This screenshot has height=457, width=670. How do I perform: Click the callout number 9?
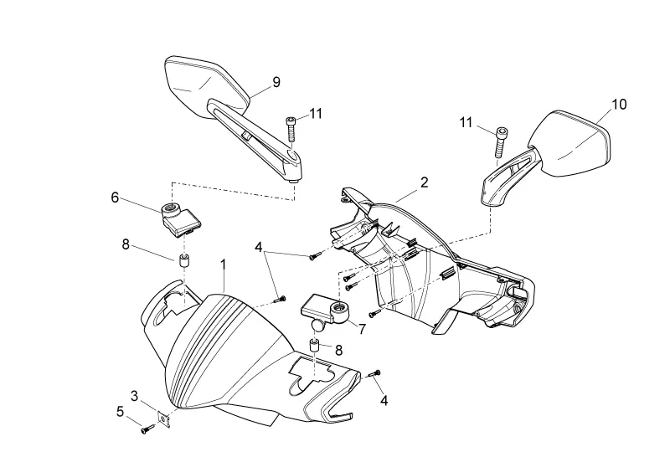[x=276, y=82]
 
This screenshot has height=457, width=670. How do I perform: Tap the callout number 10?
[x=619, y=105]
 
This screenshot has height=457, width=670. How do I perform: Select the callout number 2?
[x=424, y=182]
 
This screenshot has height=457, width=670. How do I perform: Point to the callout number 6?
[x=115, y=198]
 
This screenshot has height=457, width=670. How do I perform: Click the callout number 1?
[x=223, y=264]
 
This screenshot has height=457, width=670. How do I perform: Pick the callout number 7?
[x=362, y=329]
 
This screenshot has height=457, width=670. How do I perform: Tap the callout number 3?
[x=135, y=396]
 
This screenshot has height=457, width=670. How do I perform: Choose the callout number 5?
[x=120, y=411]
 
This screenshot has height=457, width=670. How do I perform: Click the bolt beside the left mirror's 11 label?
[x=291, y=129]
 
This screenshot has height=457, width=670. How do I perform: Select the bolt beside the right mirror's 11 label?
[x=501, y=142]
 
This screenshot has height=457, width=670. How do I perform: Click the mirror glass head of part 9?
[x=206, y=87]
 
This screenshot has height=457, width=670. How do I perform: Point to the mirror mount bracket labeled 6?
[x=179, y=219]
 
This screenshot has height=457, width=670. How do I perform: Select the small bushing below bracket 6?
[x=183, y=261]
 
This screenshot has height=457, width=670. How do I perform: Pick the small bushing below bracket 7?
[x=316, y=346]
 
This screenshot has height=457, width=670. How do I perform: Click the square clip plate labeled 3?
[x=164, y=419]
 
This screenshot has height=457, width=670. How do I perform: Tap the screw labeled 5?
[x=148, y=429]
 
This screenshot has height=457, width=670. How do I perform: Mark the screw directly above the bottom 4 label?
[x=374, y=374]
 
